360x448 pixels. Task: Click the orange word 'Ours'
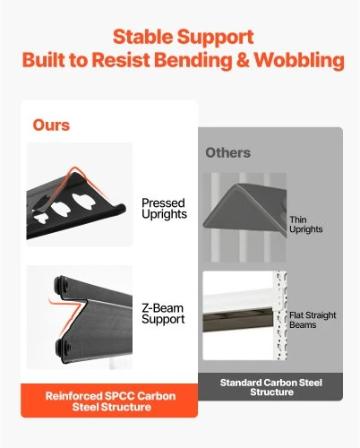[51, 125]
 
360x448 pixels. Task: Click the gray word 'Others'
[227, 152]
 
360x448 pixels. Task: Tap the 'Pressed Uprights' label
[164, 209]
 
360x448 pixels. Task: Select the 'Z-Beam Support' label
[163, 314]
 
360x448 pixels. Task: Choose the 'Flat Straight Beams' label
[313, 320]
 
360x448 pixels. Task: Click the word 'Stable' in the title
[142, 37]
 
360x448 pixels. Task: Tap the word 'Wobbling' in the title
[299, 60]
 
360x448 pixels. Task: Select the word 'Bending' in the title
[193, 60]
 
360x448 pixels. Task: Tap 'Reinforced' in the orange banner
[73, 396]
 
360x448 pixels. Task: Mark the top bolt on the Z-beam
[61, 284]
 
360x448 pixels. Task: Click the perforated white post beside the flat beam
[281, 315]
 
